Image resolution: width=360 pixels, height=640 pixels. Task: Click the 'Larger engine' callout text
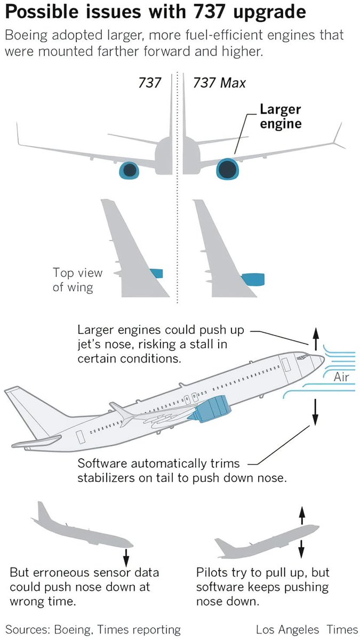280,116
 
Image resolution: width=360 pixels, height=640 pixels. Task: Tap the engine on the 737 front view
129,170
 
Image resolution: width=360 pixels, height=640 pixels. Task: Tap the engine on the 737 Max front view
226,169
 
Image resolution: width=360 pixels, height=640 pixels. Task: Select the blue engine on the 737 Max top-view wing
252,278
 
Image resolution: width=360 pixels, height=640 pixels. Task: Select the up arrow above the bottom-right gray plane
302,515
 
